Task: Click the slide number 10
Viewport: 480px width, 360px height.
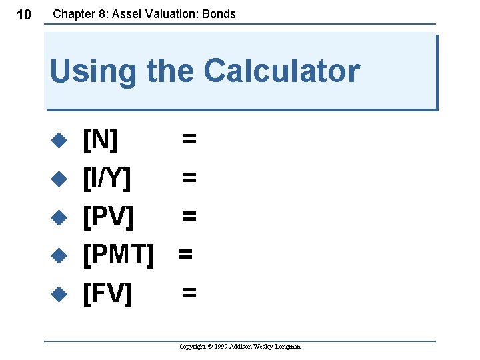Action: [23, 15]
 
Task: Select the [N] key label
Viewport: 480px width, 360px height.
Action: [100, 139]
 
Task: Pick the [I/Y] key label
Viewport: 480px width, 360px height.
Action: [107, 177]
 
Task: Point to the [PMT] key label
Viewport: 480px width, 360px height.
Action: [119, 253]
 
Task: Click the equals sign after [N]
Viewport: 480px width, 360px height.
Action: [189, 139]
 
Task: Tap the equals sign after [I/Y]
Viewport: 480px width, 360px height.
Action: [189, 177]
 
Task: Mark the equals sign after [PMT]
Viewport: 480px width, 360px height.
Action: [185, 253]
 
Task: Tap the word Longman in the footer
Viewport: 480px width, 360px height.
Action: [287, 347]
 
